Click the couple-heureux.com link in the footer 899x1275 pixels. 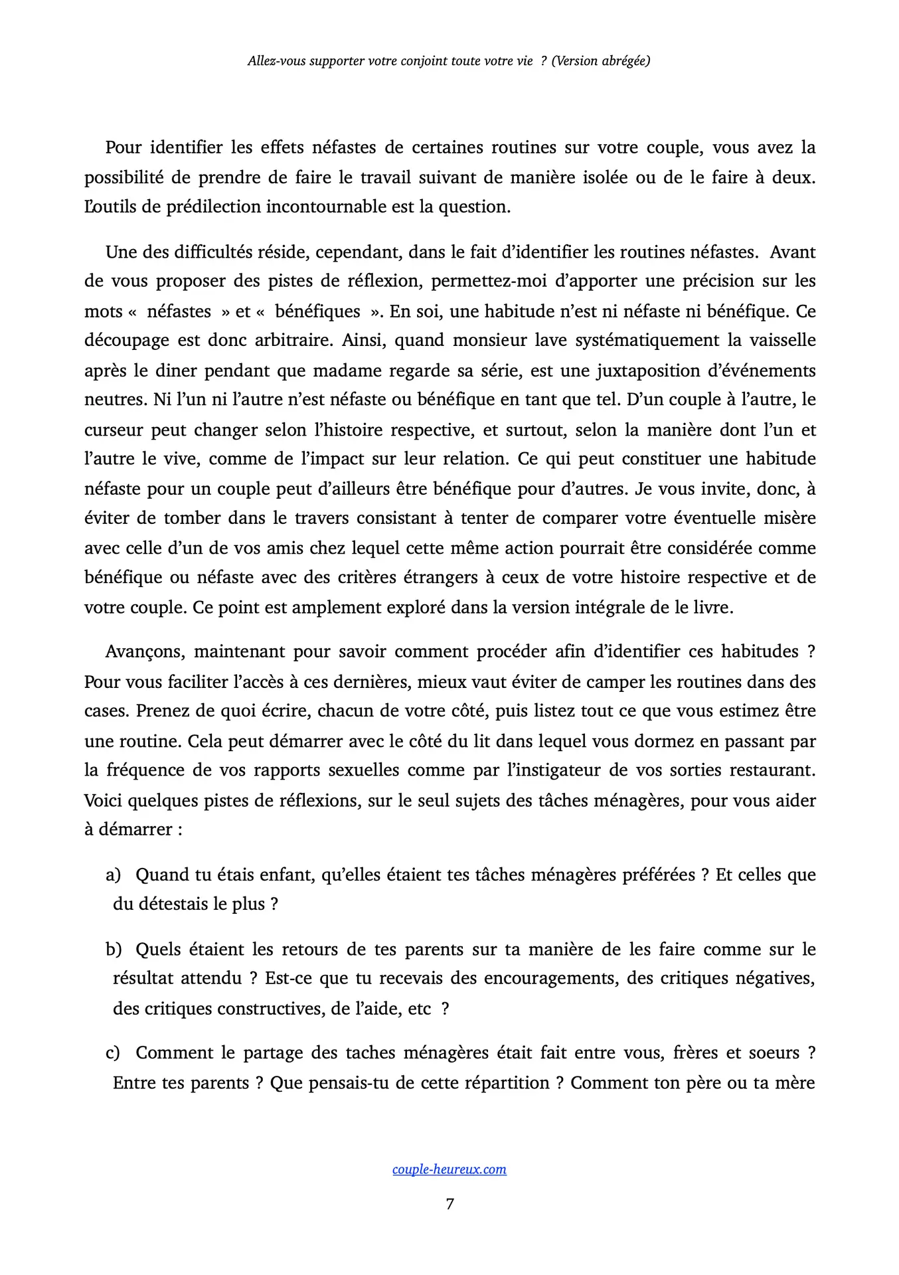449,1169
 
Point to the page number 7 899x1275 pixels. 449,1204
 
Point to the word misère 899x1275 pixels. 787,518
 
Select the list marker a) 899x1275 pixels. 114,875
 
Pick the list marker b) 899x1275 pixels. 114,950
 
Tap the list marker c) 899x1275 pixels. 114,1053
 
